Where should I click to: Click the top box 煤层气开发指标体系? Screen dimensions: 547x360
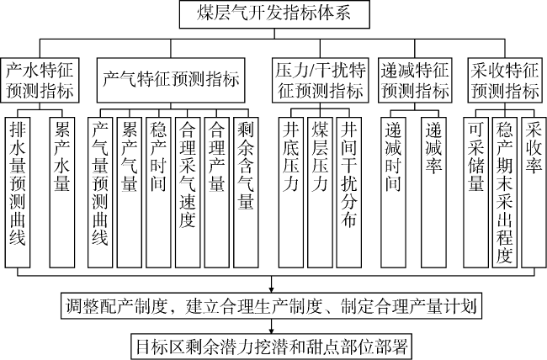tap(274, 14)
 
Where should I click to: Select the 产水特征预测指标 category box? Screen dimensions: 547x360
tap(40, 80)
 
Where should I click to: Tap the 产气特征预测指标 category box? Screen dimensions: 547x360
tap(171, 80)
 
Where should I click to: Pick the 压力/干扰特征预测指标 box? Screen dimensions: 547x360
tap(321, 80)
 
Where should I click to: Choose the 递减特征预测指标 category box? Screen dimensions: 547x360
tap(415, 80)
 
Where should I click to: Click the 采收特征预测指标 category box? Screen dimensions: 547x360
tap(505, 80)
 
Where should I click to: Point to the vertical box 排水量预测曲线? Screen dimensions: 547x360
tap(18, 193)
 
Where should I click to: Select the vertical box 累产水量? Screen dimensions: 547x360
tap(62, 193)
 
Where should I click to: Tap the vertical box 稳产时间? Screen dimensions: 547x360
tap(158, 193)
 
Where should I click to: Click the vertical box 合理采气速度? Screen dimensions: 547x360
tap(188, 193)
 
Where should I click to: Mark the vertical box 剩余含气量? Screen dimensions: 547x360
tap(246, 193)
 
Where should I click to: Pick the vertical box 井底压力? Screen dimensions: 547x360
tap(291, 193)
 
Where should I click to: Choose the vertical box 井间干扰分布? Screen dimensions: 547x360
tap(349, 193)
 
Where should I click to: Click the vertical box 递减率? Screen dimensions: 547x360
tap(433, 193)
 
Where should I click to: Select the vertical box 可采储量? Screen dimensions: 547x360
tap(475, 193)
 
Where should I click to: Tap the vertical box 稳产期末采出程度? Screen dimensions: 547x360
tap(505, 193)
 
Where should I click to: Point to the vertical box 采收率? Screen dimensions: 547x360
tap(534, 193)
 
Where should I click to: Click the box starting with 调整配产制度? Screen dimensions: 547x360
tap(272, 306)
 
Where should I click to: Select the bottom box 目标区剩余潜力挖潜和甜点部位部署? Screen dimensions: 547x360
tap(272, 347)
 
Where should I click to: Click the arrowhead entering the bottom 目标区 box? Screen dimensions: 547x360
tap(272, 331)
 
